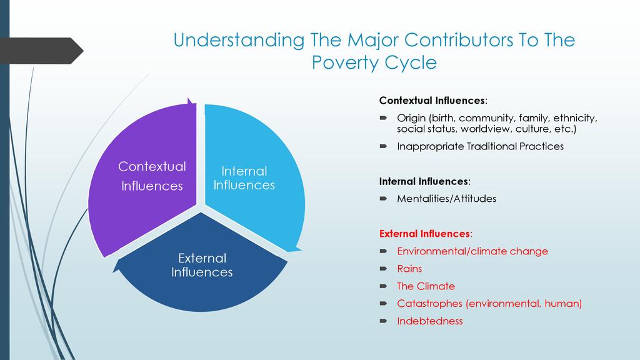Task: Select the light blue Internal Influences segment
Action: click(x=253, y=176)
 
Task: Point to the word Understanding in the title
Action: click(x=239, y=40)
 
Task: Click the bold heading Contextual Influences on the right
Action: click(x=432, y=101)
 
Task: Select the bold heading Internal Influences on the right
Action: click(x=424, y=181)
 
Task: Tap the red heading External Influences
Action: click(x=424, y=234)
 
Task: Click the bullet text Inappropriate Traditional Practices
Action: click(x=481, y=146)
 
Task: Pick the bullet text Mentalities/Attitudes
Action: click(x=446, y=198)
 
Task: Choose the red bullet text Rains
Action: click(x=409, y=269)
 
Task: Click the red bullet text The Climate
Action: click(x=426, y=286)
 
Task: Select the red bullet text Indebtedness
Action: click(x=430, y=321)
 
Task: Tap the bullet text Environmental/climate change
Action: click(x=472, y=251)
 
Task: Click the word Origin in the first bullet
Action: click(x=411, y=118)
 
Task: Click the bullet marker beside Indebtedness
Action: click(x=383, y=321)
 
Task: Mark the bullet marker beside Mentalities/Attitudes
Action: click(x=383, y=199)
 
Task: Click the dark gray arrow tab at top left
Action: click(x=41, y=51)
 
